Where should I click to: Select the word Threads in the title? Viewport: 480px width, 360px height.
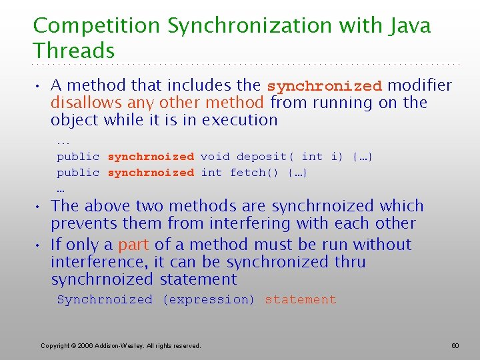[x=74, y=51]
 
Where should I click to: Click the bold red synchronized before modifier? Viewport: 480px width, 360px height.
[x=324, y=86]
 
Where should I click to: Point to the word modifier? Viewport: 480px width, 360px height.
[x=420, y=85]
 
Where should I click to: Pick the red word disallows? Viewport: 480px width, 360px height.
[x=83, y=103]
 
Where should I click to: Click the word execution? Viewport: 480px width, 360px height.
[x=239, y=120]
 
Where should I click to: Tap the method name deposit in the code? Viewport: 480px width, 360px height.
[x=262, y=157]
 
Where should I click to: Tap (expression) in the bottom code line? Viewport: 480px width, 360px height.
[x=208, y=300]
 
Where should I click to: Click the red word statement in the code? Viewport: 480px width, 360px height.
[x=300, y=300]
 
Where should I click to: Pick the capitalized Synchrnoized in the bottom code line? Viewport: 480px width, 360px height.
[x=105, y=300]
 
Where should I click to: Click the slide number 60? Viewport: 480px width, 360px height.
[x=455, y=345]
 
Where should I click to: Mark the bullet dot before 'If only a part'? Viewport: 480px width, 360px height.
[x=40, y=245]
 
